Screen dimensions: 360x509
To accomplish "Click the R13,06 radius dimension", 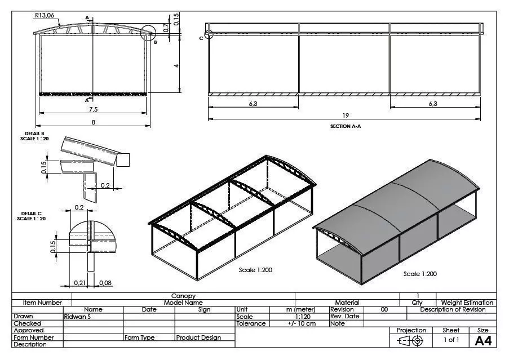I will [44, 16].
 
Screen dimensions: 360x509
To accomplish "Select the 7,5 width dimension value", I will [94, 109].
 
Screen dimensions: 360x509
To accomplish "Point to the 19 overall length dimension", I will [346, 115].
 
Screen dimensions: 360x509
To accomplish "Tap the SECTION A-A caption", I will [345, 127].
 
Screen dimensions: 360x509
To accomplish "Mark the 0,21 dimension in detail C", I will [79, 282].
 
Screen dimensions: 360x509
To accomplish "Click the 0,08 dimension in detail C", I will [105, 282].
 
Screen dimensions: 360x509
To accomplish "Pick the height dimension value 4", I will [176, 66].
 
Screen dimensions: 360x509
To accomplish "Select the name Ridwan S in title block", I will [77, 317].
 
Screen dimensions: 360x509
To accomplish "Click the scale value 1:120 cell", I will [300, 317].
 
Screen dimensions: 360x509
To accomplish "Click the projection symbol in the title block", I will [411, 340].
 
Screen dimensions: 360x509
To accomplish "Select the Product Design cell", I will [198, 337].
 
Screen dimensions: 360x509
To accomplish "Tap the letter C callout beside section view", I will [201, 38].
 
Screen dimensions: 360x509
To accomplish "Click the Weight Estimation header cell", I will [467, 303].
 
